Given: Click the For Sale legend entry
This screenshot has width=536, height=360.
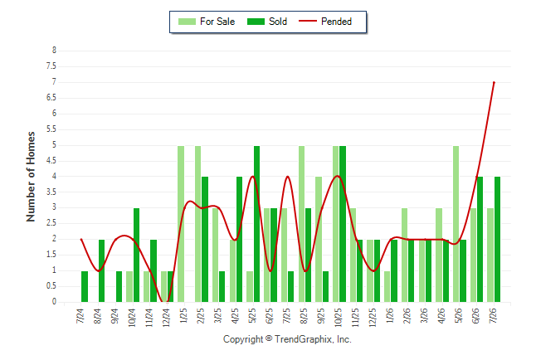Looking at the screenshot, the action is [207, 22].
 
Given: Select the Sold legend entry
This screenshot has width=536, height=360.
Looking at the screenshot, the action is [267, 22].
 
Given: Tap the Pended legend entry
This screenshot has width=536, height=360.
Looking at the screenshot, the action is [325, 22].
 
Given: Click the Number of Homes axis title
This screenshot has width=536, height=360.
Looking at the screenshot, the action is [31, 177].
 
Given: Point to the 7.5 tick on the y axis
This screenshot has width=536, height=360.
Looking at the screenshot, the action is [51, 66].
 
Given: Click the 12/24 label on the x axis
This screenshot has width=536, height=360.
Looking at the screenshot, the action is [166, 318].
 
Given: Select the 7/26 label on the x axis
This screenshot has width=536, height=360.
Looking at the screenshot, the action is [493, 315].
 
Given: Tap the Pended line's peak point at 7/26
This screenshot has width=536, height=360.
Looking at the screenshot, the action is [494, 82].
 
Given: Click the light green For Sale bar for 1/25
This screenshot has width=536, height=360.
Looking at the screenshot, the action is [181, 224].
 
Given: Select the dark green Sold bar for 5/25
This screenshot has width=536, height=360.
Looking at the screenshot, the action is [256, 224].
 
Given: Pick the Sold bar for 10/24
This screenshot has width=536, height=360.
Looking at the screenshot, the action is [136, 255].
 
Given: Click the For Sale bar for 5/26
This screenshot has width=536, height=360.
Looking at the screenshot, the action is [456, 224].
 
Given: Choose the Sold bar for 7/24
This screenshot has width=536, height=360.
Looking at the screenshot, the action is [85, 286].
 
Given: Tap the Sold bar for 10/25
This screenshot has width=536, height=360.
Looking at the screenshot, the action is [343, 224].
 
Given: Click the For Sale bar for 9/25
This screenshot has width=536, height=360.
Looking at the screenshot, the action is [319, 240].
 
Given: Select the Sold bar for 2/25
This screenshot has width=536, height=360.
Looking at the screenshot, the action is [205, 240].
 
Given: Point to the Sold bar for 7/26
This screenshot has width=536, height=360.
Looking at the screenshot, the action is [497, 240].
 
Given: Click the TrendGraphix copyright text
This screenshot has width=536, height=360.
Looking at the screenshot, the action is [287, 339].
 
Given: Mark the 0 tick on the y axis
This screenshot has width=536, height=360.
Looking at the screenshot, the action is [54, 302].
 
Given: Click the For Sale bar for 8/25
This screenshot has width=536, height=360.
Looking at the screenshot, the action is [301, 224].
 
